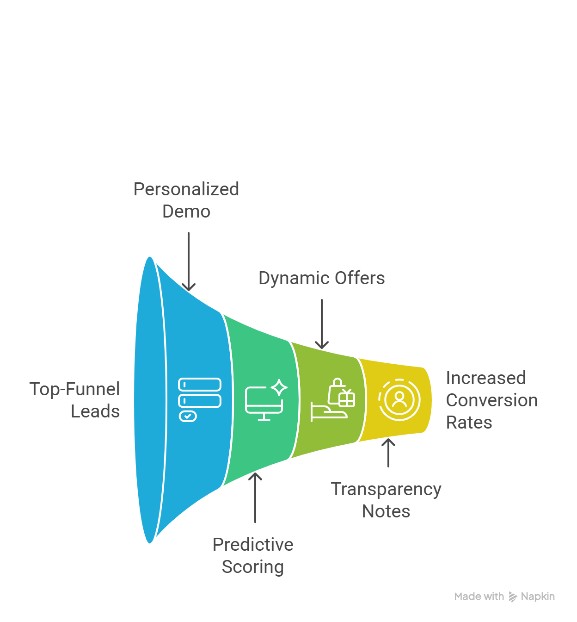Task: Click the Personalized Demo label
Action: click(186, 200)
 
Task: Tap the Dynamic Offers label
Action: click(321, 278)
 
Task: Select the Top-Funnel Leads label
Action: click(75, 400)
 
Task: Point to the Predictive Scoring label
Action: click(253, 555)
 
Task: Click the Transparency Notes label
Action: click(386, 500)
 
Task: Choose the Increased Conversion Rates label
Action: click(491, 400)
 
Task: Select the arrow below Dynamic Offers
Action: click(322, 323)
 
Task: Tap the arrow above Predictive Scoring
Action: click(255, 498)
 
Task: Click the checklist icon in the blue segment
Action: click(200, 399)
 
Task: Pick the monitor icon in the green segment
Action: click(264, 403)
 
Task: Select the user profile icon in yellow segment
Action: click(399, 399)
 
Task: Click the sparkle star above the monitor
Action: click(279, 387)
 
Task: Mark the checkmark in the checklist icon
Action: click(188, 416)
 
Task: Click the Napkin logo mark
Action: click(513, 597)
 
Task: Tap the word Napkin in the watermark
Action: click(538, 597)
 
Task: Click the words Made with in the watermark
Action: click(479, 597)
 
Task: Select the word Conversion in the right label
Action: click(491, 400)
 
